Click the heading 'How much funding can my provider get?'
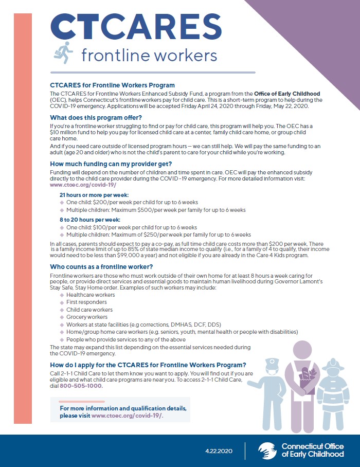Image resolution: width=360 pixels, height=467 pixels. (109, 164)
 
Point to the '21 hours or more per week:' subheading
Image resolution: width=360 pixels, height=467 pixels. (94, 195)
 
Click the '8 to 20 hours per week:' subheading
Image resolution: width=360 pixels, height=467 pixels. (90, 219)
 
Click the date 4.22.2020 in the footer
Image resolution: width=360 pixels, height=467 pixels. (219, 451)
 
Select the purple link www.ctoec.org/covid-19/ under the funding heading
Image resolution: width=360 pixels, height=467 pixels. (83, 184)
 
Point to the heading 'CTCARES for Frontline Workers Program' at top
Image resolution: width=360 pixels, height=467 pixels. (112, 85)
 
